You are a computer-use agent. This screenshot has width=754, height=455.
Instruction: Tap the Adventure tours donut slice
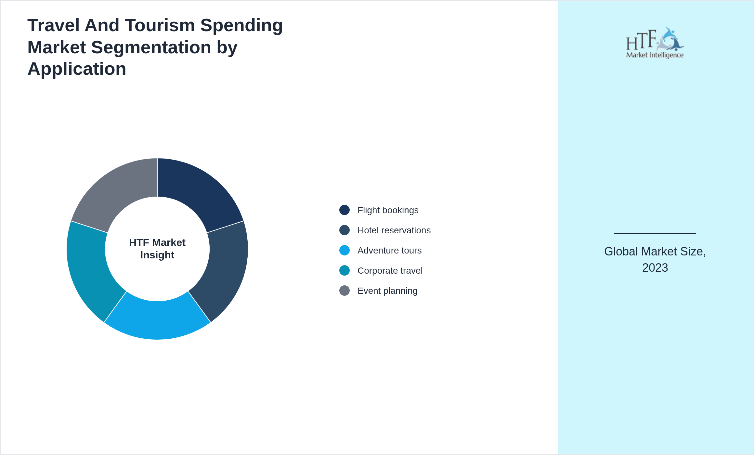click(157, 320)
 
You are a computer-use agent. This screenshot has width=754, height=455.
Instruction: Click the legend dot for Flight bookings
click(344, 210)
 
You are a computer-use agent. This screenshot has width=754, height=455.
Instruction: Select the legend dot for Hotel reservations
click(344, 230)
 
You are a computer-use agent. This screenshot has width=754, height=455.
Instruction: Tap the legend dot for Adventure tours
click(344, 250)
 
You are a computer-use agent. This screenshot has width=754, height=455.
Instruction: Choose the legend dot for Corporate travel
click(344, 270)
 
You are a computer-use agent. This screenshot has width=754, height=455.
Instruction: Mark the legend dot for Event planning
click(344, 291)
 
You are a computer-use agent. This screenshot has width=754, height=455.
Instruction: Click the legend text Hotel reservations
click(394, 230)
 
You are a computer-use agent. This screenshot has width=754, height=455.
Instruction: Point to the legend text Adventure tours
click(389, 251)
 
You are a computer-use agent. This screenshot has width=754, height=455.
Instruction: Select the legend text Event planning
click(387, 291)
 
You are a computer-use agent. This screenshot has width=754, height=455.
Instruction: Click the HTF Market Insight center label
click(157, 249)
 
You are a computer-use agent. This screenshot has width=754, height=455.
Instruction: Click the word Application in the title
click(77, 69)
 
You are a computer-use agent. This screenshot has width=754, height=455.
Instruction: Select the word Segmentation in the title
click(151, 47)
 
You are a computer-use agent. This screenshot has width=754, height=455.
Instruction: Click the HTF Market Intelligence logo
click(655, 43)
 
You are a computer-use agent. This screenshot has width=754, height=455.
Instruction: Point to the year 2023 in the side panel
click(655, 268)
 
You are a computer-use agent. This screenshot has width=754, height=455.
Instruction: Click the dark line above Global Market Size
click(655, 233)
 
